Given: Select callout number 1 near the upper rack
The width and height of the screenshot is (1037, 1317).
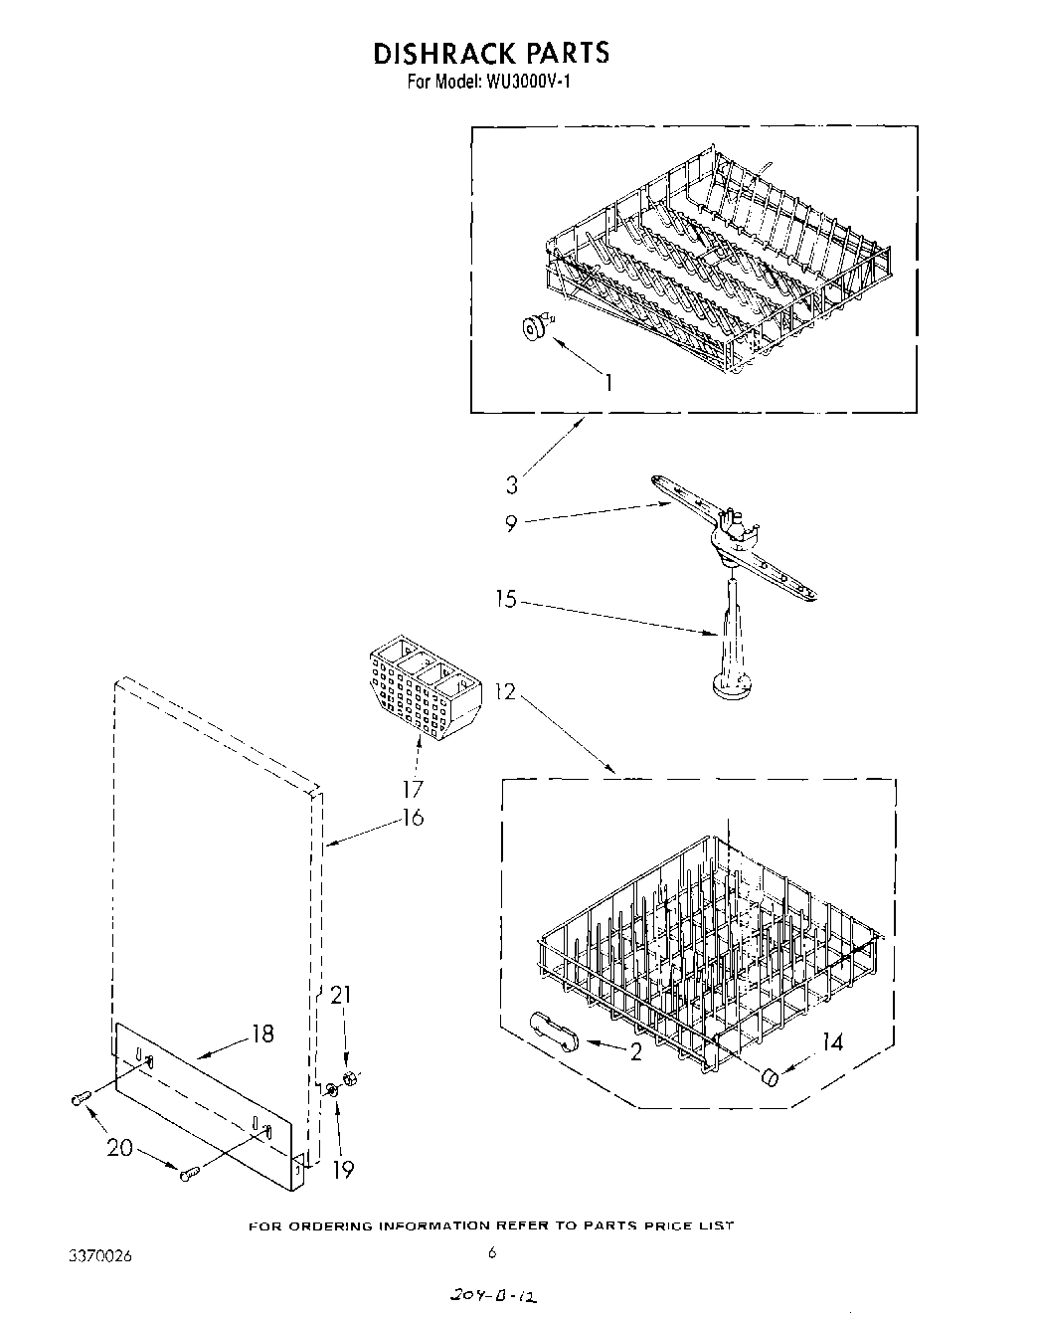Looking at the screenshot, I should (x=607, y=382).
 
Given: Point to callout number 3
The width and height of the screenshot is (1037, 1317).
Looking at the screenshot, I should (x=511, y=485).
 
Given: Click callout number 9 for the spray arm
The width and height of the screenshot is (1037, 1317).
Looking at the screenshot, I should (x=511, y=524).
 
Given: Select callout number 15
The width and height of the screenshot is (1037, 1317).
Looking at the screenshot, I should (x=506, y=600).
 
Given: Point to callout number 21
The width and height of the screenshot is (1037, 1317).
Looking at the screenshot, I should (x=340, y=995).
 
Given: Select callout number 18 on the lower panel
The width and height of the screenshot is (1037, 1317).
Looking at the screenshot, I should (x=261, y=1033).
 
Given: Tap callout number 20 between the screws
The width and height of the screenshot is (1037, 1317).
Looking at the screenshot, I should (x=118, y=1147).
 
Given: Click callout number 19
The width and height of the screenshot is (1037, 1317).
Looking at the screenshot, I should (x=342, y=1170).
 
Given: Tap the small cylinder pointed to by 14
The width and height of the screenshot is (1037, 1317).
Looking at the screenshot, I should (x=768, y=1077).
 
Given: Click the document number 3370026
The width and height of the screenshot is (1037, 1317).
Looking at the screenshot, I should (x=99, y=1256).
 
